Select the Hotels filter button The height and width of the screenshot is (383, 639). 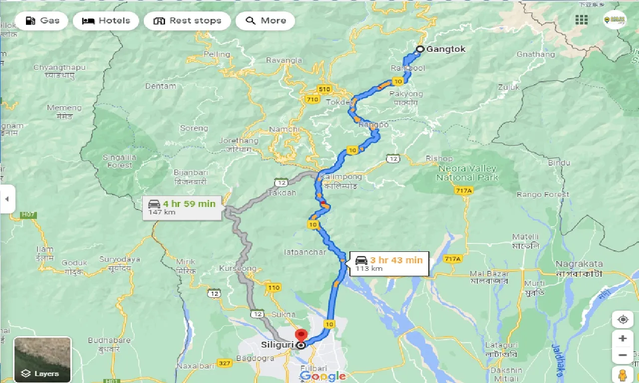click(106, 21)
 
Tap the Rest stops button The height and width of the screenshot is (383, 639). click(187, 21)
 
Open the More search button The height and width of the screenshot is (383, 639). click(265, 21)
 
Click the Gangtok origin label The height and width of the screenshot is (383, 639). click(445, 49)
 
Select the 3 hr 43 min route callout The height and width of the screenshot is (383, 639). click(389, 263)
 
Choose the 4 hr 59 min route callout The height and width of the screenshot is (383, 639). click(182, 207)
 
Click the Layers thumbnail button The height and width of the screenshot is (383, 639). click(42, 359)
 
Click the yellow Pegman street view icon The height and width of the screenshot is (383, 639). click(623, 374)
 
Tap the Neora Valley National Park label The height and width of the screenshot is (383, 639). click(467, 173)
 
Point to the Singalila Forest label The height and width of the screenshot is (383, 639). click(120, 161)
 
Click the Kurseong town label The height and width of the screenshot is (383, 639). click(237, 268)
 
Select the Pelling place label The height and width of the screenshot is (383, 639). click(217, 54)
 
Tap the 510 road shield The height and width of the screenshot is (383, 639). click(324, 89)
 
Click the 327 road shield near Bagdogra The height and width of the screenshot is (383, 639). click(225, 364)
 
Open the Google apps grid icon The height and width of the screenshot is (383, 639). click(582, 20)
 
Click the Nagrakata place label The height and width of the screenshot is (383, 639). click(579, 264)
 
